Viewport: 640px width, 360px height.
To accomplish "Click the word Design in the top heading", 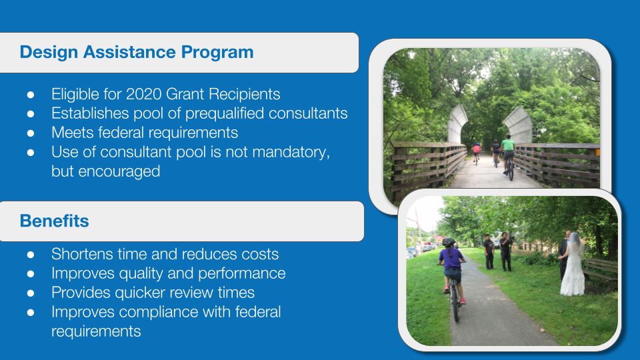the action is click(49, 53).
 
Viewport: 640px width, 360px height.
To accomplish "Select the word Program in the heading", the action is click(217, 53).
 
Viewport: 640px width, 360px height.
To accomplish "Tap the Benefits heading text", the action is click(54, 221).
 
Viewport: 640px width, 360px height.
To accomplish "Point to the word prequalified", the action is click(225, 113).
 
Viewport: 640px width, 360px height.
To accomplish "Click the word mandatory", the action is click(291, 152).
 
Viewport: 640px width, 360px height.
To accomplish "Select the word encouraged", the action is click(119, 171).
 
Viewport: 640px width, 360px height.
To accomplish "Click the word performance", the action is click(241, 273).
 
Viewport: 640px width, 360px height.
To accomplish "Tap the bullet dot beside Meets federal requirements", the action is click(31, 133).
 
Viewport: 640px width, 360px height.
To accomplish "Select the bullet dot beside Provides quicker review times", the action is click(31, 293).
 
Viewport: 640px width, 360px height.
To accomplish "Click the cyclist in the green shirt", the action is click(508, 156).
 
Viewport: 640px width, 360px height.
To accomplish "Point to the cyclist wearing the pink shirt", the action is click(476, 152).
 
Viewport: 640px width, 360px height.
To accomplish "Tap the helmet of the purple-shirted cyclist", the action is click(449, 242).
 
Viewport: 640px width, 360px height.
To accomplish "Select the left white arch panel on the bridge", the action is click(457, 125).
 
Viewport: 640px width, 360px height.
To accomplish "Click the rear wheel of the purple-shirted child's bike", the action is click(455, 305).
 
